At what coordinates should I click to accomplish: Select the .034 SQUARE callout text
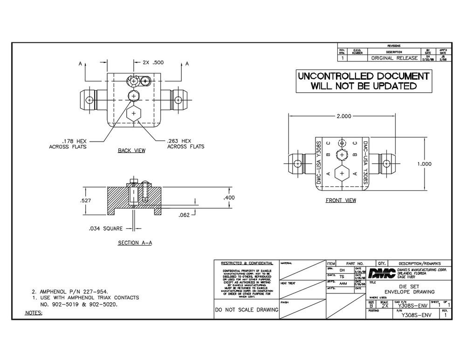(x=106, y=229)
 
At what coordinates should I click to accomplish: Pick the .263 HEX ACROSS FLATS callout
(x=185, y=143)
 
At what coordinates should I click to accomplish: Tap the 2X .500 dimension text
(x=153, y=62)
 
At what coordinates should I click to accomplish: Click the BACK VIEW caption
(x=131, y=151)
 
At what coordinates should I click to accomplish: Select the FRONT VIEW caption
(x=341, y=201)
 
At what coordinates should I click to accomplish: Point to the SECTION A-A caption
(x=135, y=244)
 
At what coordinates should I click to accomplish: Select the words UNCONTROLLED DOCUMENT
(x=363, y=76)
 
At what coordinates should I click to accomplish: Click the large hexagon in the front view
(x=342, y=173)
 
